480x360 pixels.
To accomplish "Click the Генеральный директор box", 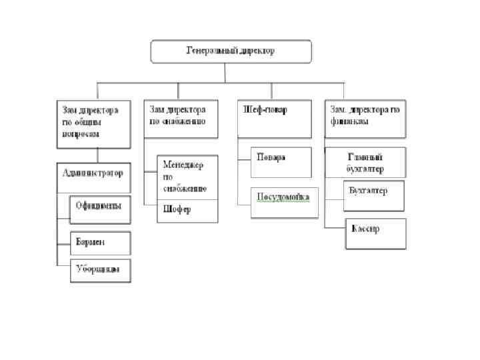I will pos(231,51).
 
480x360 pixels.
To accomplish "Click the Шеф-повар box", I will pos(274,119).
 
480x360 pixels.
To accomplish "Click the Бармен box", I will pos(101,242).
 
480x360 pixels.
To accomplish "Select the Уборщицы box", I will pos(101,270).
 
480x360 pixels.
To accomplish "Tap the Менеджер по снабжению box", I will pos(187,177).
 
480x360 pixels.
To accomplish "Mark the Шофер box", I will pos(187,211).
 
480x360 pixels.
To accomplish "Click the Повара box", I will pos(281,162).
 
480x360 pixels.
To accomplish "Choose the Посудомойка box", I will pos(284,203).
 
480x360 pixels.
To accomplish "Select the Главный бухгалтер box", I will pos(366,163).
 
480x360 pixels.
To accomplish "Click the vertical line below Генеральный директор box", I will pos(231,73).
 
